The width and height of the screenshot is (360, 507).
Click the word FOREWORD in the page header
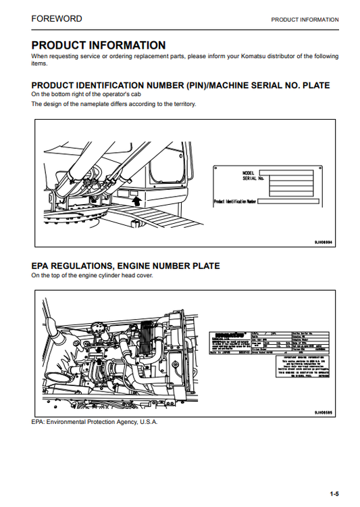pos(57,19)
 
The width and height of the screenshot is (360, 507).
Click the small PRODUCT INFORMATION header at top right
pos(305,20)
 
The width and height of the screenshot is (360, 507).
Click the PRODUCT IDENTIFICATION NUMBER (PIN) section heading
pos(180,85)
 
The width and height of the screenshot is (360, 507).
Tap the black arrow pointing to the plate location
pos(136,200)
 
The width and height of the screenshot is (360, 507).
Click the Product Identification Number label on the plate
pos(234,201)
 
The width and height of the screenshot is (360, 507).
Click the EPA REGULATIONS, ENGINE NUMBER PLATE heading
pos(126,266)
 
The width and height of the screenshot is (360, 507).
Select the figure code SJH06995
pos(322,412)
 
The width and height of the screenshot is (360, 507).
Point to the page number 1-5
pos(334,493)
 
